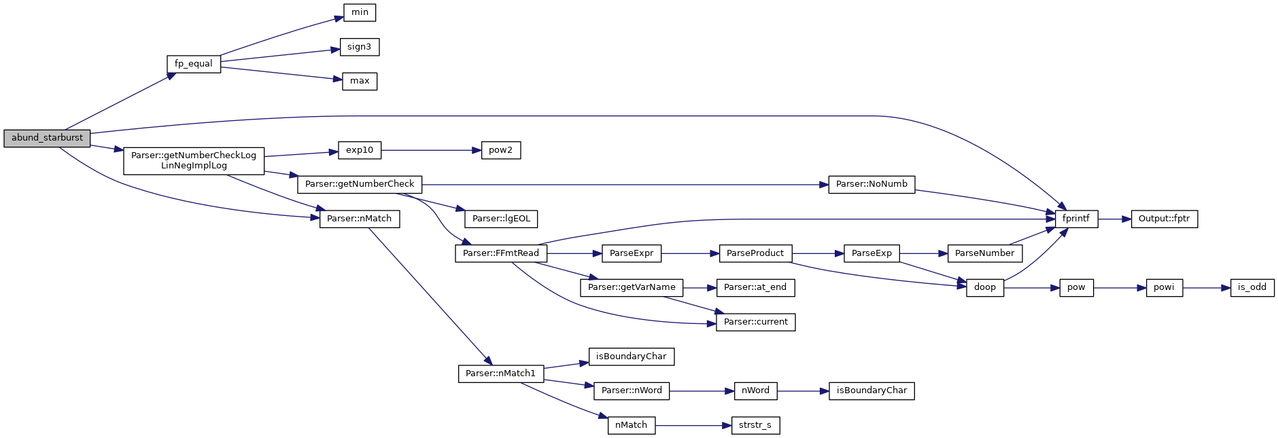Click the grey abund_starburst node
[47, 138]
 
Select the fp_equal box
[194, 64]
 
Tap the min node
[360, 12]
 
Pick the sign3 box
[359, 47]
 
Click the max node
[360, 81]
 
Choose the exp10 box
[360, 150]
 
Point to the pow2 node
[500, 150]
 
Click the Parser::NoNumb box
[871, 184]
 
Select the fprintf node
[1076, 219]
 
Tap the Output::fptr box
[1164, 219]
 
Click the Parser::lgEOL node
[501, 219]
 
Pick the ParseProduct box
[755, 253]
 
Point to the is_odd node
[1251, 287]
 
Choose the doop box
[984, 287]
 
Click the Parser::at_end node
[755, 287]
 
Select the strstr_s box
[755, 425]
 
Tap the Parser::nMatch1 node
[500, 373]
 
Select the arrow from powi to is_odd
[1207, 287]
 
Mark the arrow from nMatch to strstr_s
[693, 425]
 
